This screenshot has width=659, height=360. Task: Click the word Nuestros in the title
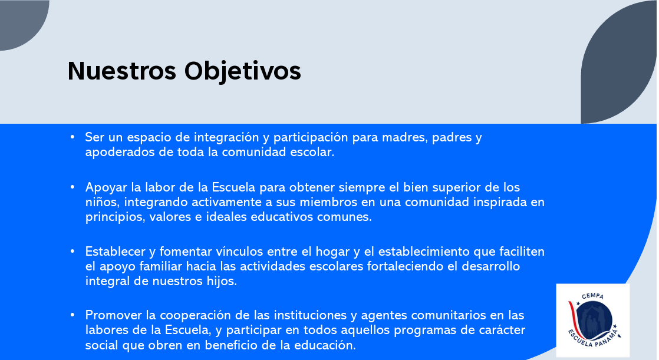[122, 71]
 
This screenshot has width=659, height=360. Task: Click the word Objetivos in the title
[242, 71]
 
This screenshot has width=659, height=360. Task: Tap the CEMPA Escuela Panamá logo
[592, 320]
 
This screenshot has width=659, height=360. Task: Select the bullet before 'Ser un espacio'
[73, 137]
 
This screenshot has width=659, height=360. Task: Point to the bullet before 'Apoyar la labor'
[73, 187]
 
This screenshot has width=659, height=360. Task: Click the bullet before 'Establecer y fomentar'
[73, 251]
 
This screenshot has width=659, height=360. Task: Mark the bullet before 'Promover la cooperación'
[73, 315]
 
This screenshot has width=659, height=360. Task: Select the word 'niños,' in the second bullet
[103, 202]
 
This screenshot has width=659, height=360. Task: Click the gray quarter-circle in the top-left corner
[21, 22]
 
